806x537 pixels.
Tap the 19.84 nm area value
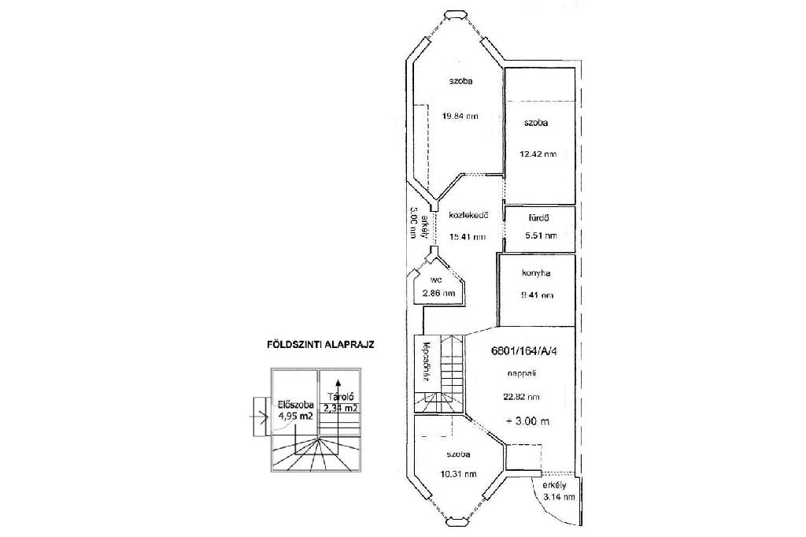click(460, 117)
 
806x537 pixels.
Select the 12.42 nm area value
click(538, 154)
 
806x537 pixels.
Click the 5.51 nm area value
click(539, 235)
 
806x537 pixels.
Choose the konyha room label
click(535, 274)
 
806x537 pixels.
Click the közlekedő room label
click(470, 215)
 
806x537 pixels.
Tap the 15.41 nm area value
click(468, 236)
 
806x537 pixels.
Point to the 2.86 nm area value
click(439, 294)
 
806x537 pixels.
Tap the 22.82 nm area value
click(521, 397)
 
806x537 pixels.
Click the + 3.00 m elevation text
click(527, 421)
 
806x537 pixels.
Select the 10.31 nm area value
click(459, 474)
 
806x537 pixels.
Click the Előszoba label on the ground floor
click(290, 406)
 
